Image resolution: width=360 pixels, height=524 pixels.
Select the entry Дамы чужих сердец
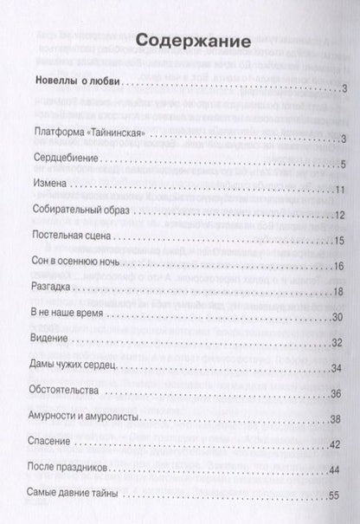(x=79, y=368)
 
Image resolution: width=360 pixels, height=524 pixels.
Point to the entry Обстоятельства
(x=68, y=392)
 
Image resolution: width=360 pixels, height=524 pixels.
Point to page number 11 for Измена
(x=340, y=190)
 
